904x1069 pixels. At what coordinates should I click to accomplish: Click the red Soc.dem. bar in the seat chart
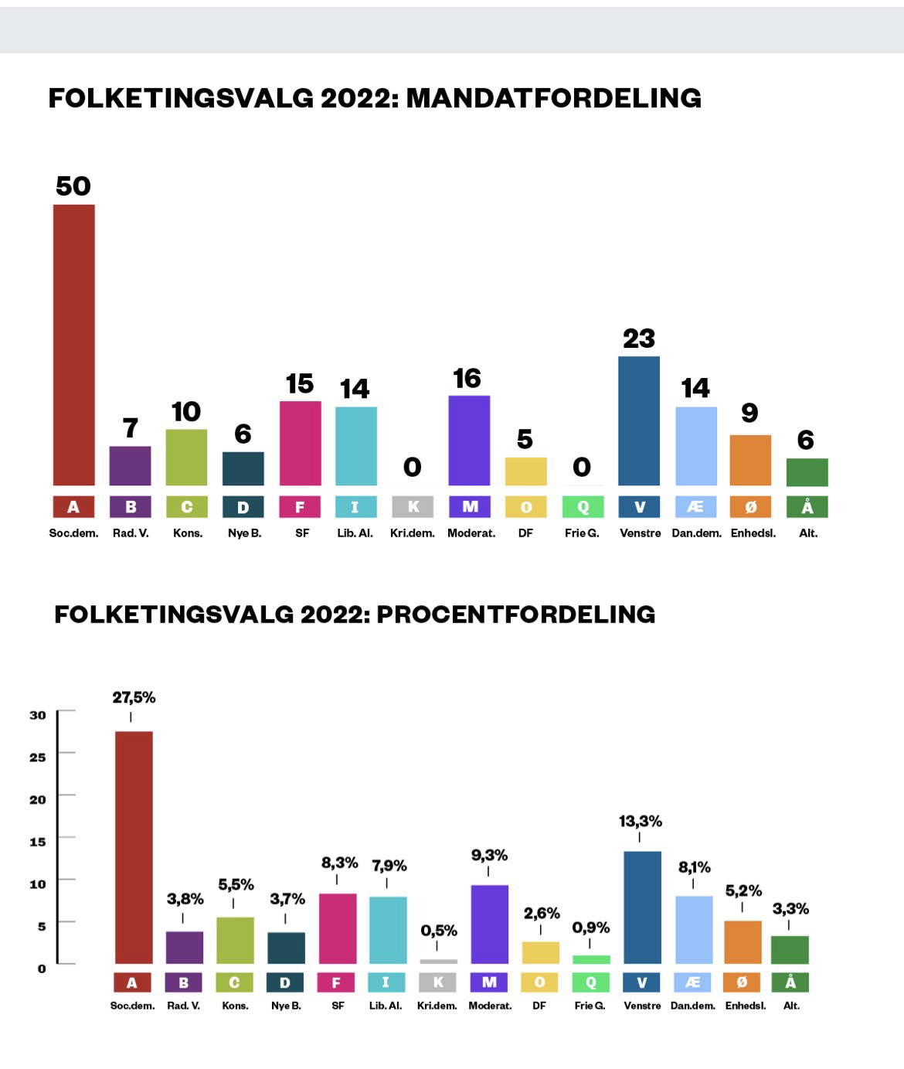(x=73, y=345)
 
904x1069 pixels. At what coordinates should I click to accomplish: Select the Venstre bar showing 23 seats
(x=639, y=420)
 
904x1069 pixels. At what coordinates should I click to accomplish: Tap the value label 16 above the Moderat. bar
(x=467, y=379)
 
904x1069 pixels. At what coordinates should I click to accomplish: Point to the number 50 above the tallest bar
(x=73, y=186)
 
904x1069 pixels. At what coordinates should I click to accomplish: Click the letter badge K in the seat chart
(x=413, y=507)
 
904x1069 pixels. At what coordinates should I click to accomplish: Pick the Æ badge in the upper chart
(x=695, y=507)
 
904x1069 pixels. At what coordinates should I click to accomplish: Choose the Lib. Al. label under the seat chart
(x=355, y=533)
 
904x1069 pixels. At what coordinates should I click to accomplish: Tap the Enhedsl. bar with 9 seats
(x=750, y=460)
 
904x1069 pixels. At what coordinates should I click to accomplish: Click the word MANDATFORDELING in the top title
(x=553, y=98)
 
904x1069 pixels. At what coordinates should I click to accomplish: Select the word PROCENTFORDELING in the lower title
(x=516, y=615)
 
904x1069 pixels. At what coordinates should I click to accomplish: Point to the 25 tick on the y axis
(x=38, y=757)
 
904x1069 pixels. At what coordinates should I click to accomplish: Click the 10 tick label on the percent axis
(x=38, y=884)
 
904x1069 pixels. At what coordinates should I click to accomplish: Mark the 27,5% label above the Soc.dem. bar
(x=134, y=698)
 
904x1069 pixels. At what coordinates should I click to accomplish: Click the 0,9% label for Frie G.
(x=591, y=928)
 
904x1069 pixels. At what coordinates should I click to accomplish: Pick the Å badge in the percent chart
(x=790, y=982)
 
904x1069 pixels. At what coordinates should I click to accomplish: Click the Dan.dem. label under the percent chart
(x=693, y=1006)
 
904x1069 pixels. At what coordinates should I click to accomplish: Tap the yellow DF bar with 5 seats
(x=525, y=472)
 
